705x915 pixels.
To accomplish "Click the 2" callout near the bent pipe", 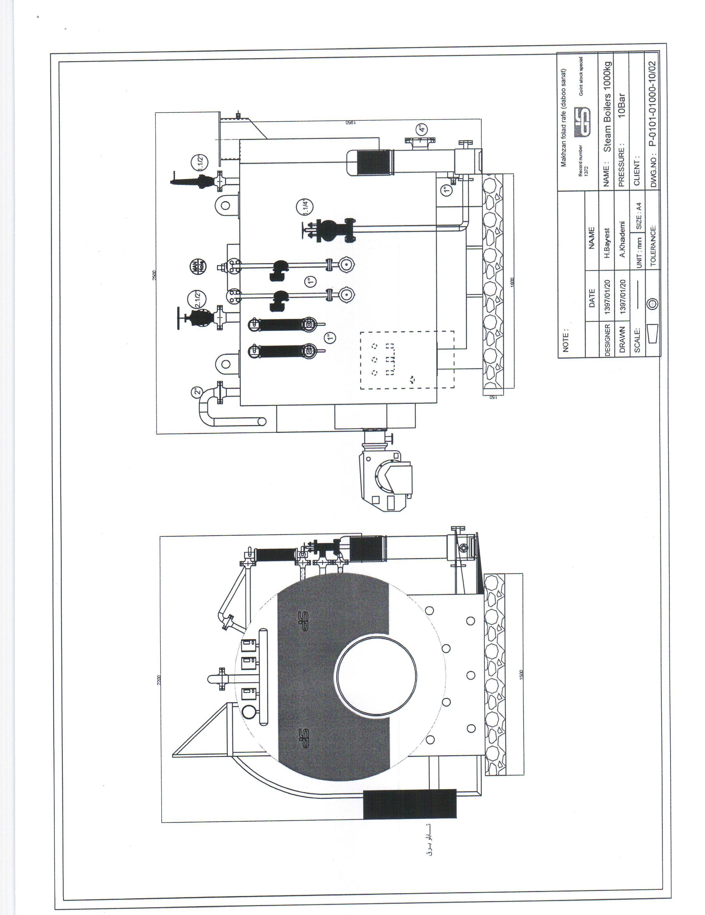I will (x=197, y=393).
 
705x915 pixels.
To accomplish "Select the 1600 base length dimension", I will (x=512, y=282).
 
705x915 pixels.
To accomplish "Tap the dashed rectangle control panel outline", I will (x=407, y=359).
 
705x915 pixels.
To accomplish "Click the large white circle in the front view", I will (x=376, y=676).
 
